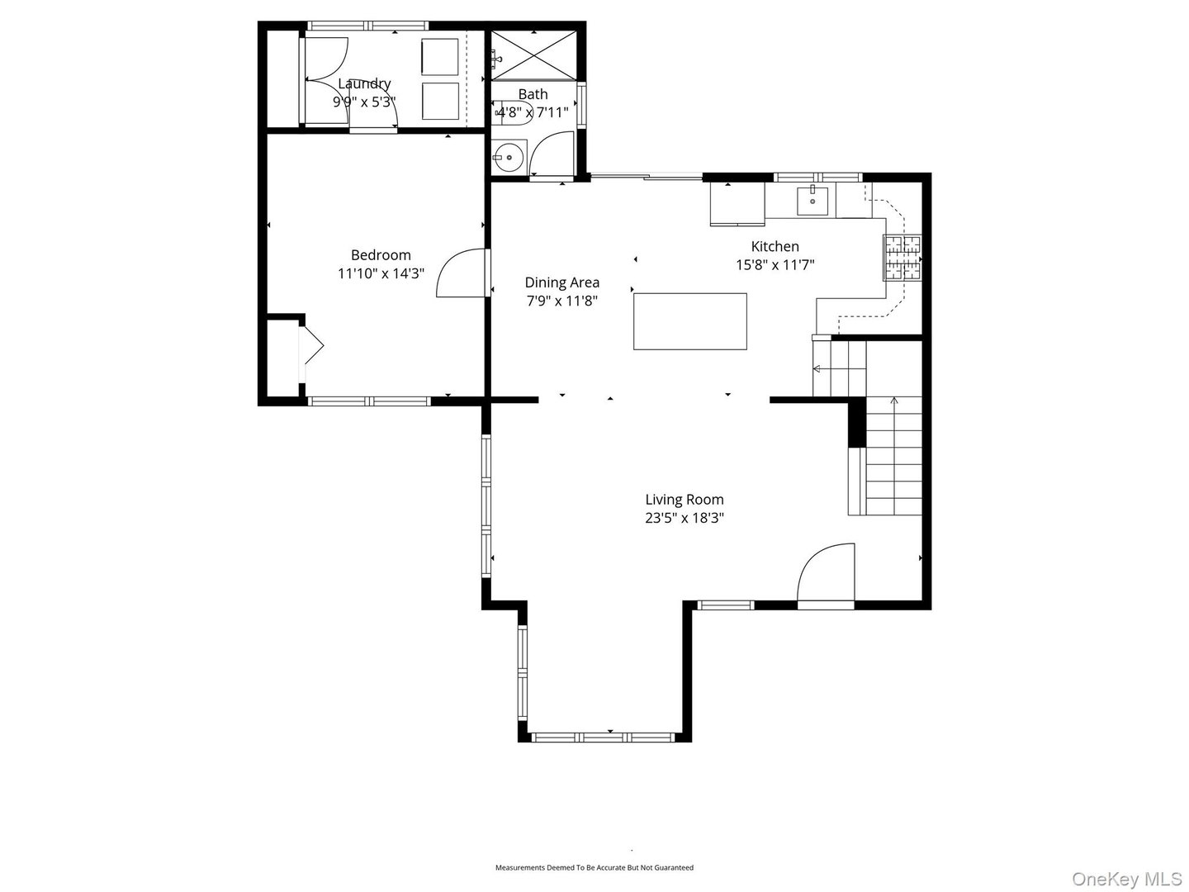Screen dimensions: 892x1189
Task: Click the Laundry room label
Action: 364,83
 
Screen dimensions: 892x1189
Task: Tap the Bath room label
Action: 533,94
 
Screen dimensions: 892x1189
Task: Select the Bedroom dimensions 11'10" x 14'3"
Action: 381,273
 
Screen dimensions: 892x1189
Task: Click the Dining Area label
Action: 562,282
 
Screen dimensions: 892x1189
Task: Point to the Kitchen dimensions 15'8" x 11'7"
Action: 775,265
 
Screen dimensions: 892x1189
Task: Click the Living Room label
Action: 685,499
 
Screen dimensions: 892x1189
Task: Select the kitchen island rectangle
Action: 690,321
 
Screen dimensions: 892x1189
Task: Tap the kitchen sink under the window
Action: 812,200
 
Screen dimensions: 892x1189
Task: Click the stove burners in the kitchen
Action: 902,258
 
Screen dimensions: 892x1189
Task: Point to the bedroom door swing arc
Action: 459,273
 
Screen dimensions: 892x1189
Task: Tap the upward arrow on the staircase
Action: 893,405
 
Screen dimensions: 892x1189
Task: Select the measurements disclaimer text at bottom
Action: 594,867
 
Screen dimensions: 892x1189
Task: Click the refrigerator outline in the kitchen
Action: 737,204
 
